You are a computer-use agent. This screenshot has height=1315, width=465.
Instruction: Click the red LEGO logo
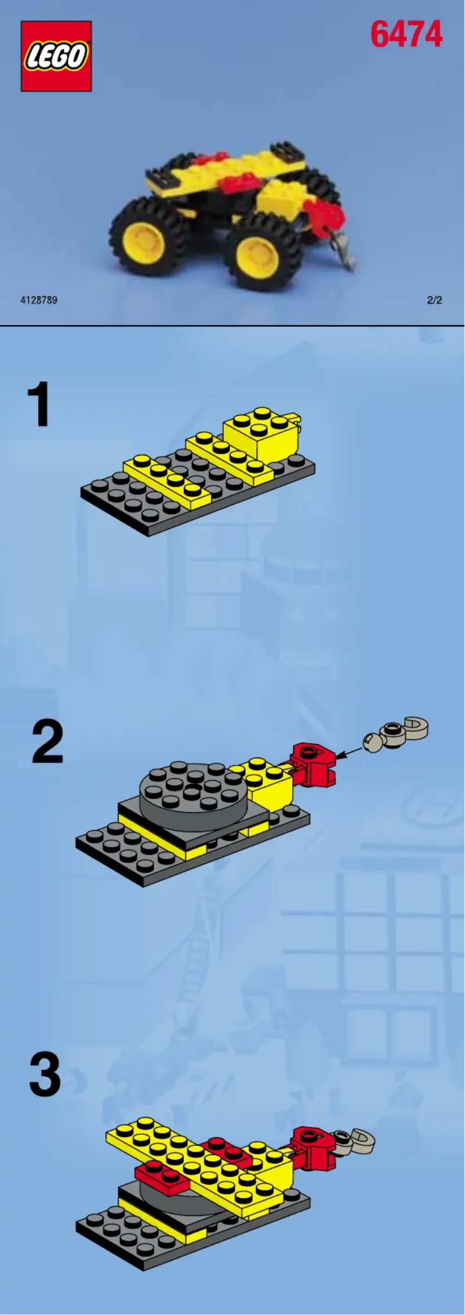(x=56, y=56)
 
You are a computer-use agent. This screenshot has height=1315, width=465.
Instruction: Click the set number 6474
(x=406, y=35)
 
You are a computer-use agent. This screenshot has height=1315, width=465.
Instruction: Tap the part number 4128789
(x=39, y=300)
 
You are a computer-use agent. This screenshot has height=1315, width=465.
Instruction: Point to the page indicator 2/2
(x=434, y=300)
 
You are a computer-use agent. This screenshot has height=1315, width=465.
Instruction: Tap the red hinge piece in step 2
(x=313, y=764)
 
